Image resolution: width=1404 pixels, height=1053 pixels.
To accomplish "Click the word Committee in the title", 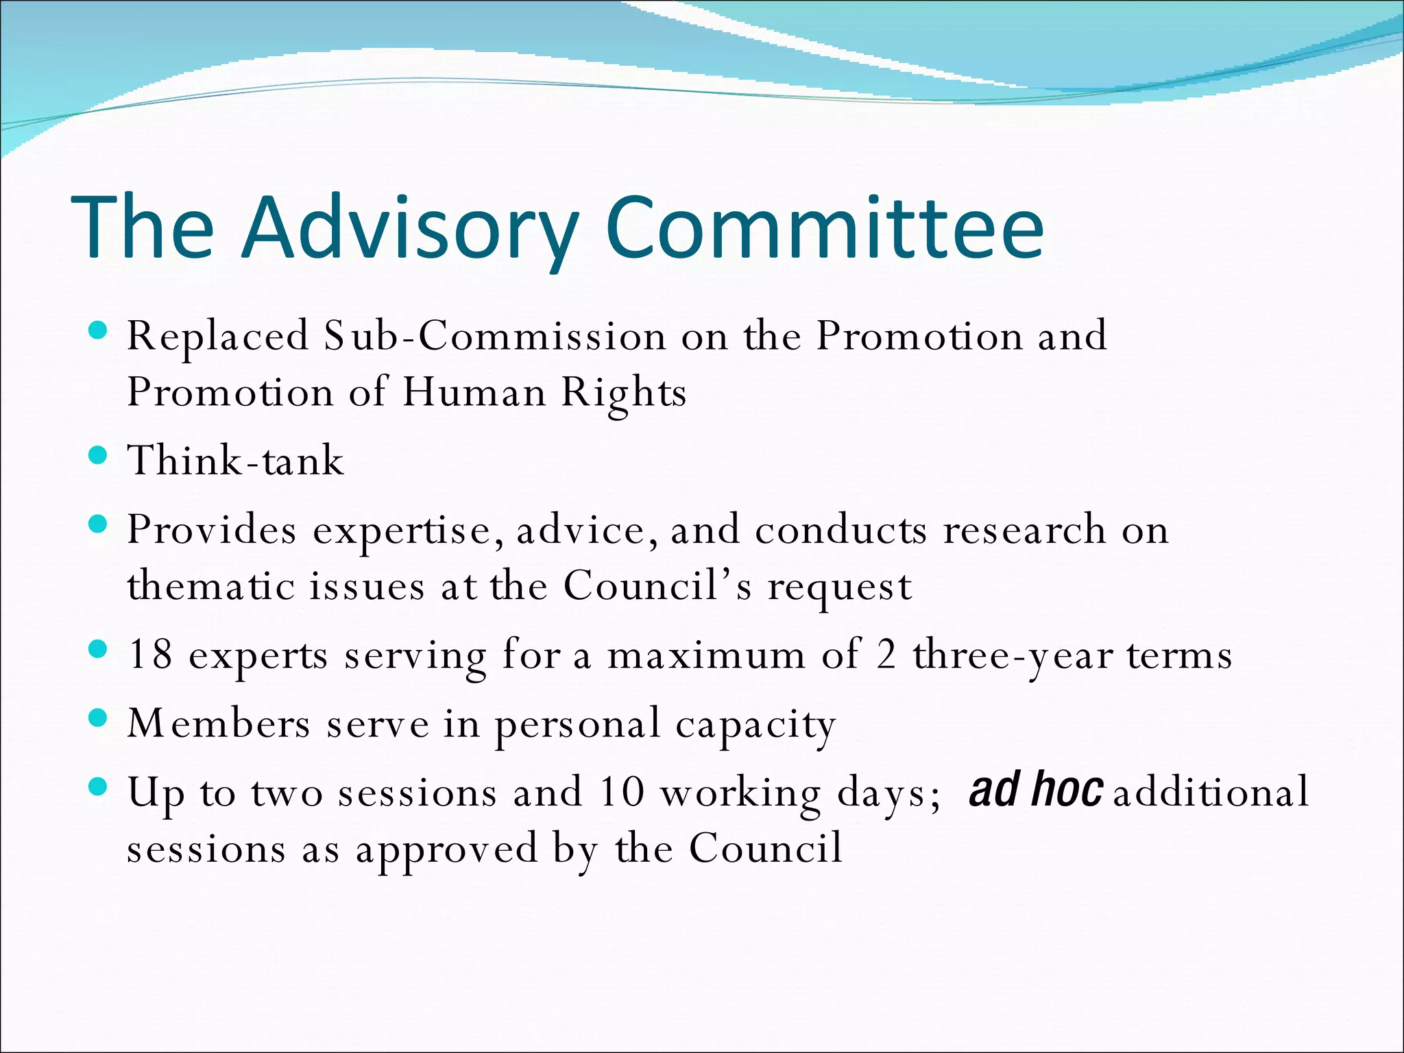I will point(824,228).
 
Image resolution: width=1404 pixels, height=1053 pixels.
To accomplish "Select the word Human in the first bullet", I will point(473,393).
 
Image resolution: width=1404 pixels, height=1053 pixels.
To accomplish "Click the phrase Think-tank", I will point(235,460).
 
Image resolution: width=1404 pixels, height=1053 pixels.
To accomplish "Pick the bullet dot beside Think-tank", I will point(99,456).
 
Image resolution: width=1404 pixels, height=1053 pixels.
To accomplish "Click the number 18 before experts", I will point(150,654).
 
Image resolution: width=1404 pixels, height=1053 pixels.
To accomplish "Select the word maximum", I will point(706,655).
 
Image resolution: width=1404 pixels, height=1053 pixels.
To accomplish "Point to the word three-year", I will point(1012,655).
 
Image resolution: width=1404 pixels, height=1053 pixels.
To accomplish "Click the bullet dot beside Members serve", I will point(99,718).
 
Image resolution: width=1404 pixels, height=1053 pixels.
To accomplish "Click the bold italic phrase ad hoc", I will point(1036,789).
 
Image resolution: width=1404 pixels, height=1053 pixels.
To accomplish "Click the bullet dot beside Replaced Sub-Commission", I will point(99,331).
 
